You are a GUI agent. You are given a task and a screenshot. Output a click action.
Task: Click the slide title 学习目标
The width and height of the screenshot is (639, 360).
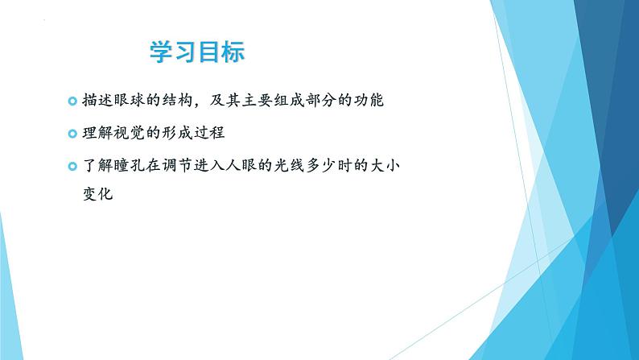[197, 52]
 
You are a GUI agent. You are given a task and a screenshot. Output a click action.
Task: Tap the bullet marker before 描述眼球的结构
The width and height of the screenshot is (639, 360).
[73, 102]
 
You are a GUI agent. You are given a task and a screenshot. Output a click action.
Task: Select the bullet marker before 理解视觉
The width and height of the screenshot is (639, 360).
[73, 134]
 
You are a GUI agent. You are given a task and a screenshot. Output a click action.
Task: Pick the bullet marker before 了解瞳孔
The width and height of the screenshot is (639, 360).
[73, 166]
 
